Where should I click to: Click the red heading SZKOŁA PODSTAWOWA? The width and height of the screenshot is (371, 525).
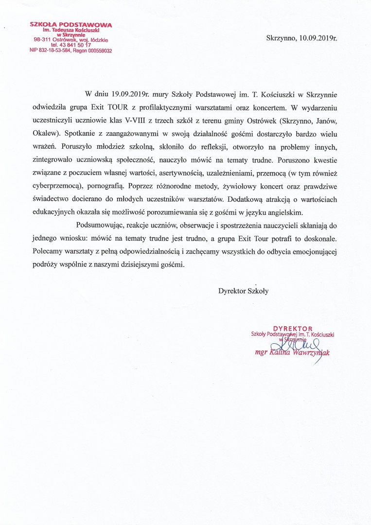point(71,24)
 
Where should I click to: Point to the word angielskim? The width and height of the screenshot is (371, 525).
point(285,212)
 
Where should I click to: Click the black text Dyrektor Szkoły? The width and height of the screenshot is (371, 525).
point(243,291)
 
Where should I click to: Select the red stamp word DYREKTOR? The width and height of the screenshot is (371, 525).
point(293,329)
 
